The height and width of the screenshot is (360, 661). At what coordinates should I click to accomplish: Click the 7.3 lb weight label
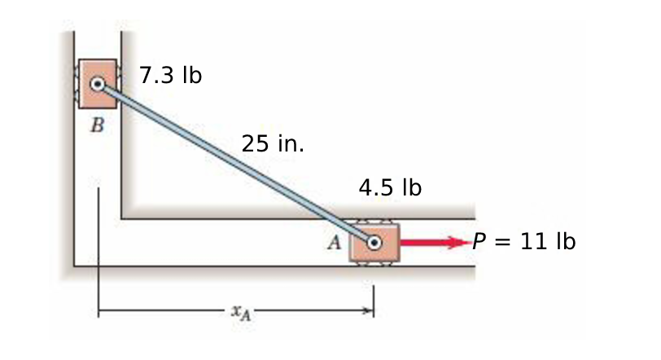(x=170, y=76)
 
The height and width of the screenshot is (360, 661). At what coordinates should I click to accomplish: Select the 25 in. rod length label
(x=273, y=144)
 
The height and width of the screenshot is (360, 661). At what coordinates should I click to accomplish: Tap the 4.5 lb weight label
(x=389, y=188)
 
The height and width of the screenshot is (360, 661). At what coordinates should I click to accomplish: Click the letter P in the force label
(x=480, y=242)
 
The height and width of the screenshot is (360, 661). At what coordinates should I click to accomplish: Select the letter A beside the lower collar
(x=334, y=240)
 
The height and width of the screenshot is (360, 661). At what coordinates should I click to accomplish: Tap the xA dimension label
(x=236, y=310)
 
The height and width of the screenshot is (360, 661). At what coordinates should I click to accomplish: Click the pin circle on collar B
(x=98, y=84)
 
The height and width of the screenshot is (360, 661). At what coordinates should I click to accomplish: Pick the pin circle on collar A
(x=374, y=243)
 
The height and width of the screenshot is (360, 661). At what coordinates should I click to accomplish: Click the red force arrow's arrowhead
(x=461, y=243)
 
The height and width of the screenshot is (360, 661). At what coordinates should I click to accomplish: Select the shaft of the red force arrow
(x=423, y=243)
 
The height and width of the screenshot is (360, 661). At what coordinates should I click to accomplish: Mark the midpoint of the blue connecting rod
(x=236, y=164)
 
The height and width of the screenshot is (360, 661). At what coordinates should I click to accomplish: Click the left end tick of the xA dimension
(x=98, y=310)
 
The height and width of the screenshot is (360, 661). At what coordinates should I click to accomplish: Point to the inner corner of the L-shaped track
(x=122, y=218)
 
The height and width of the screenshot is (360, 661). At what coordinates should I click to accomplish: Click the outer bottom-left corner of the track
(x=74, y=266)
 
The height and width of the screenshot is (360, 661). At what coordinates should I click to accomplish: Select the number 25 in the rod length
(x=255, y=144)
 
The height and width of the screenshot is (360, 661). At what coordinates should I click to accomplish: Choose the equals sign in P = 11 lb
(x=506, y=242)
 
